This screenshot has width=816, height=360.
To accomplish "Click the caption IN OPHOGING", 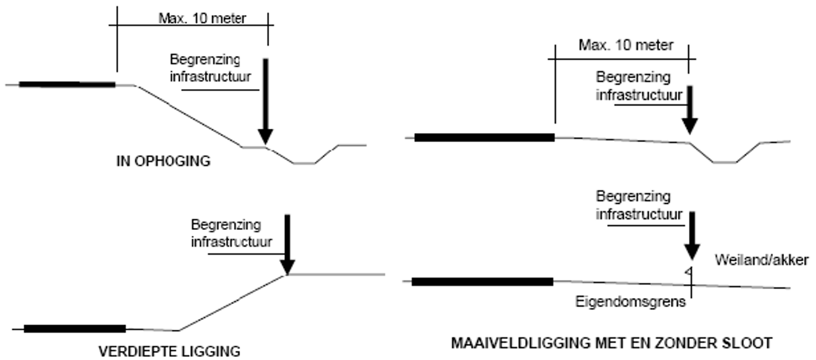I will point(163,161).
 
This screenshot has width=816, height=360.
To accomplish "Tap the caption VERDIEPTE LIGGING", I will point(169,351).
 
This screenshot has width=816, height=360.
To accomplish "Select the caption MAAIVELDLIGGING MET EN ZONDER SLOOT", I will point(611,344).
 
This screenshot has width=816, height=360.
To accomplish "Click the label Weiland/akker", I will point(761,259).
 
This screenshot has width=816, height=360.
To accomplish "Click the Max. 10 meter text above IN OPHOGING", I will point(202,18).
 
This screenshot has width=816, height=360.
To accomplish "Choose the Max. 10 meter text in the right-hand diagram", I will point(626,45).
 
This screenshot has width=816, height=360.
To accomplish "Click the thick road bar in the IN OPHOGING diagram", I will point(67,84).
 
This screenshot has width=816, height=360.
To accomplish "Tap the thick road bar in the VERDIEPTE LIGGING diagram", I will point(75,329).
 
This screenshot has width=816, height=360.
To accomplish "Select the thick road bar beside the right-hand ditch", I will point(484,138).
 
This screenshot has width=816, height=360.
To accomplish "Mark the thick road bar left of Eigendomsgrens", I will point(482,282).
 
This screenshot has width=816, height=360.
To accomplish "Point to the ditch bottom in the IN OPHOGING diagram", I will point(304,163).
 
